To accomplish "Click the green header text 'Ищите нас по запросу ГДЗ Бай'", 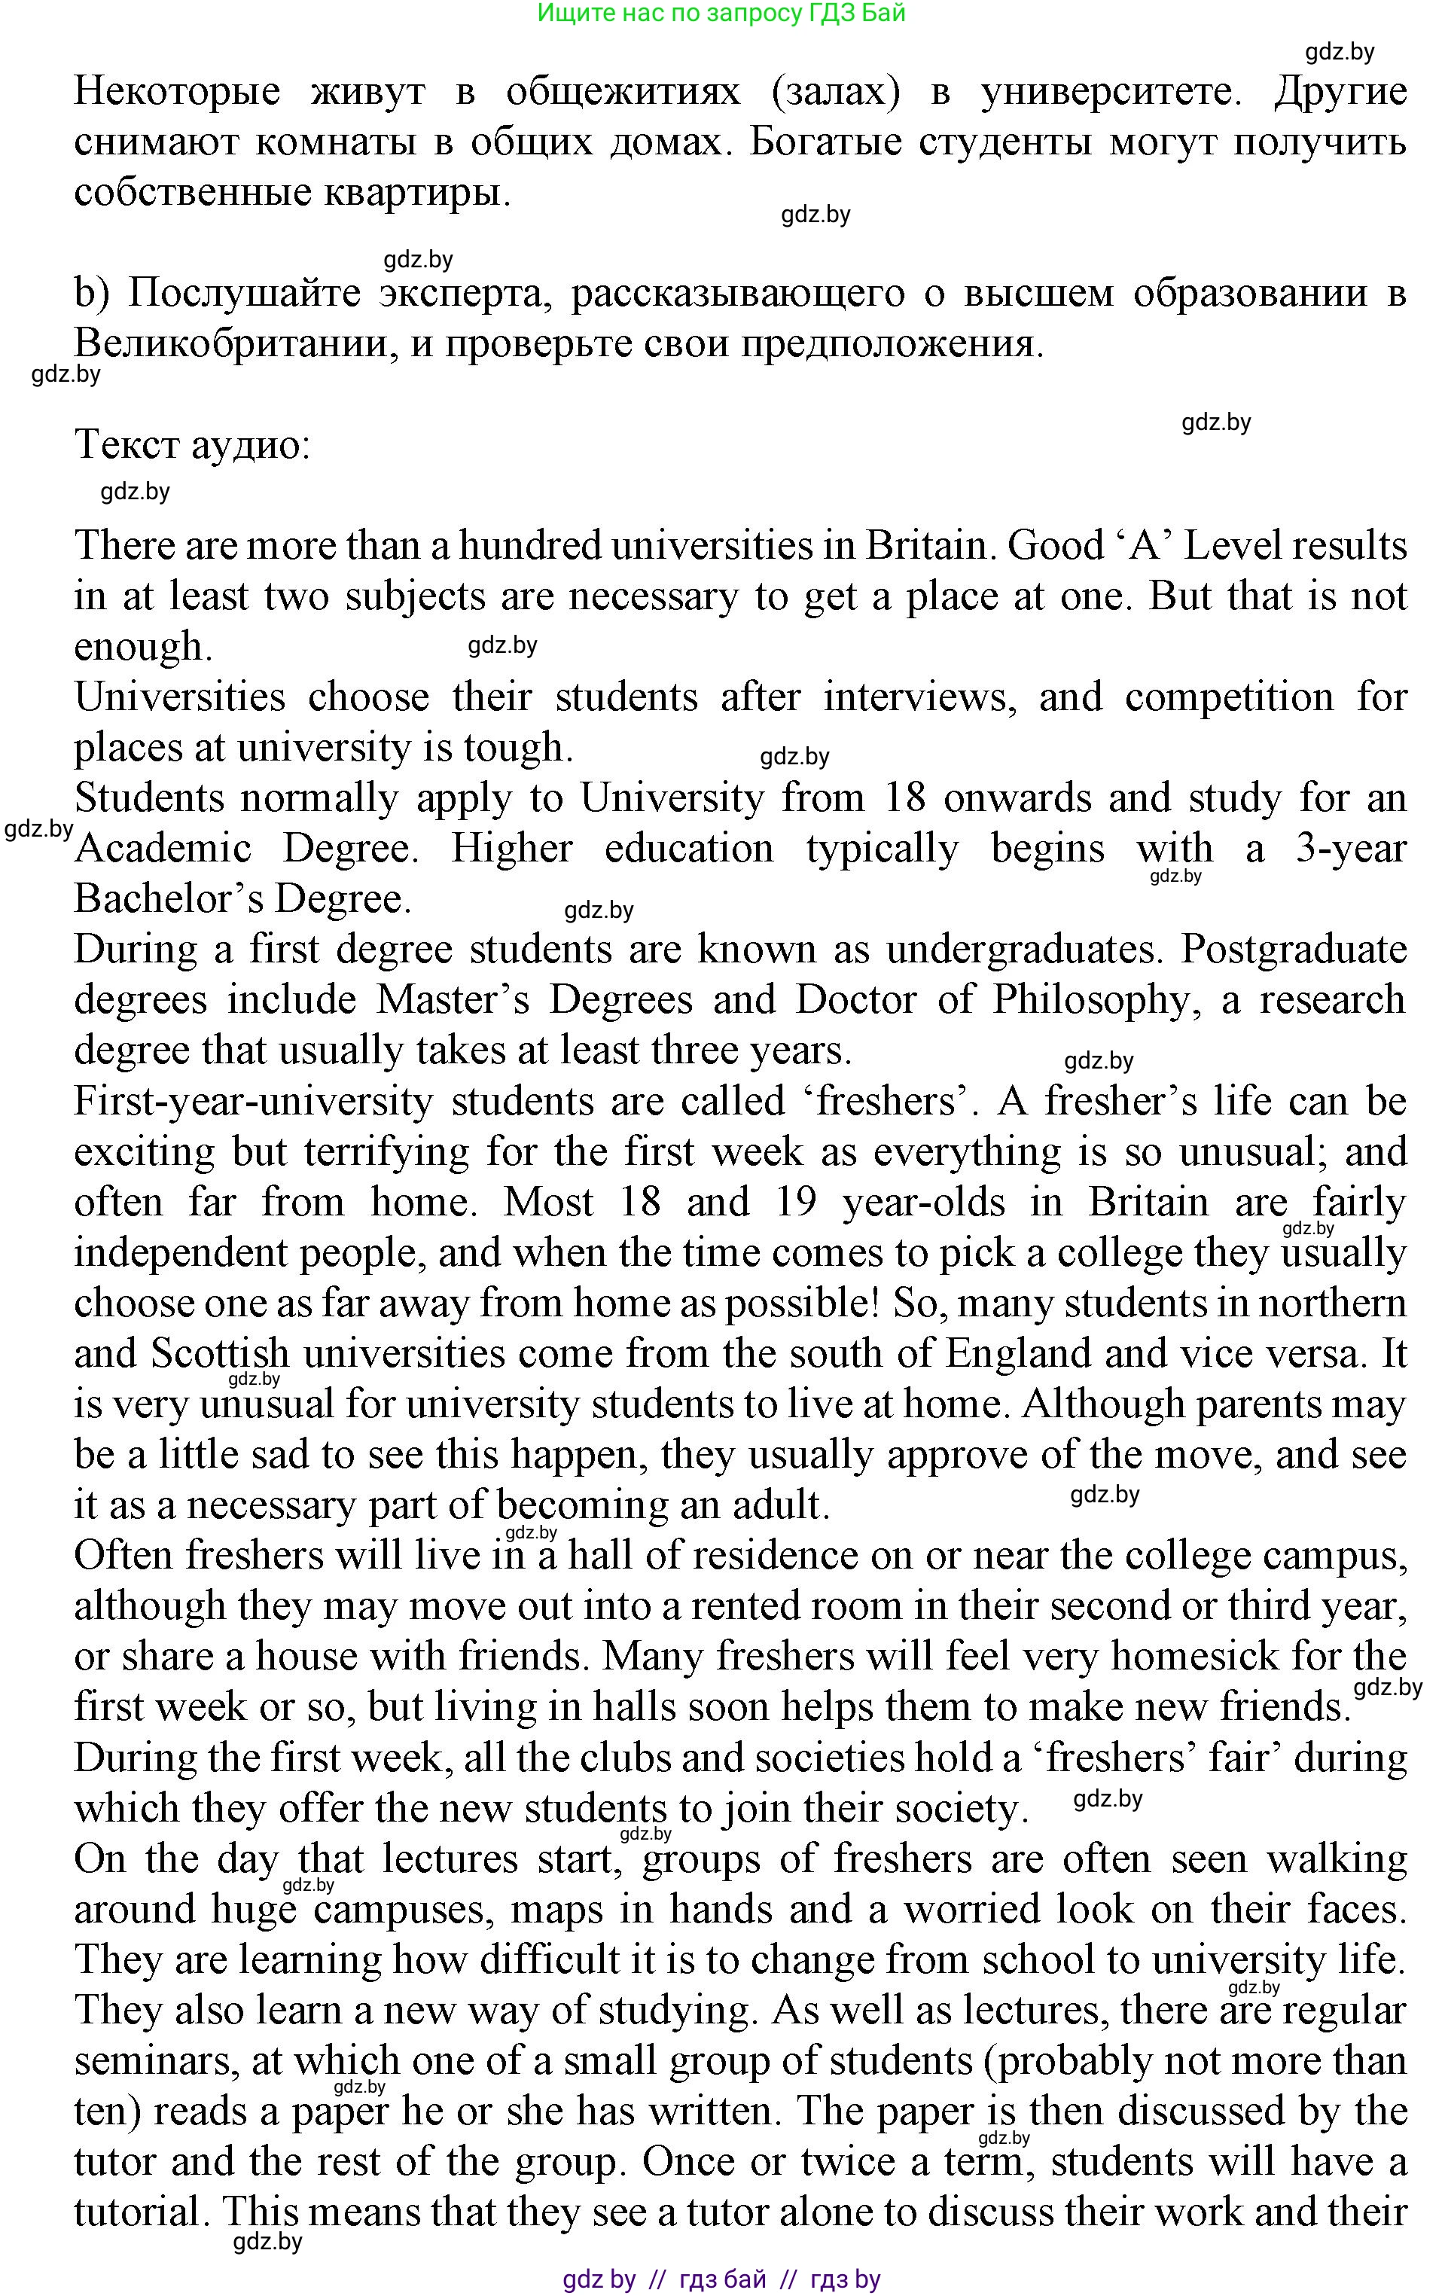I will (721, 14).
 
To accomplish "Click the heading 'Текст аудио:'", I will (193, 444).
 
